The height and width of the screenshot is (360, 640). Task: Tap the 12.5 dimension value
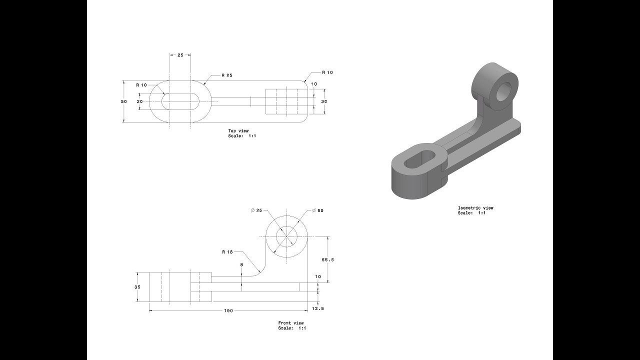coord(318,308)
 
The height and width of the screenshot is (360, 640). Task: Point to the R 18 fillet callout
coord(228,252)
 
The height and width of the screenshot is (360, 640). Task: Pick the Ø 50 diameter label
coord(317,210)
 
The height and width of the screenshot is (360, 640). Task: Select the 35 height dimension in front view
coord(137,287)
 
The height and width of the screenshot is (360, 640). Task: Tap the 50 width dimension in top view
coord(123,101)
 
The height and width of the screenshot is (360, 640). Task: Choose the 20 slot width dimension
coord(139,101)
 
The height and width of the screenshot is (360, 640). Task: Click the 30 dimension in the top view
coord(324,101)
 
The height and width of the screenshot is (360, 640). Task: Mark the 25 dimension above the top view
coord(180,54)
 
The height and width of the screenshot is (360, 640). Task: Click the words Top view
coord(238,131)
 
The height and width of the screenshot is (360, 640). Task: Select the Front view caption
coord(291,322)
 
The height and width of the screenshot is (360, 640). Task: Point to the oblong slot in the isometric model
coord(419,160)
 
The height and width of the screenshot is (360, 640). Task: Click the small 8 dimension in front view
coord(241,264)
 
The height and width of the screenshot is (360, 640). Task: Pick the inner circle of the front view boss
coord(287,235)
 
